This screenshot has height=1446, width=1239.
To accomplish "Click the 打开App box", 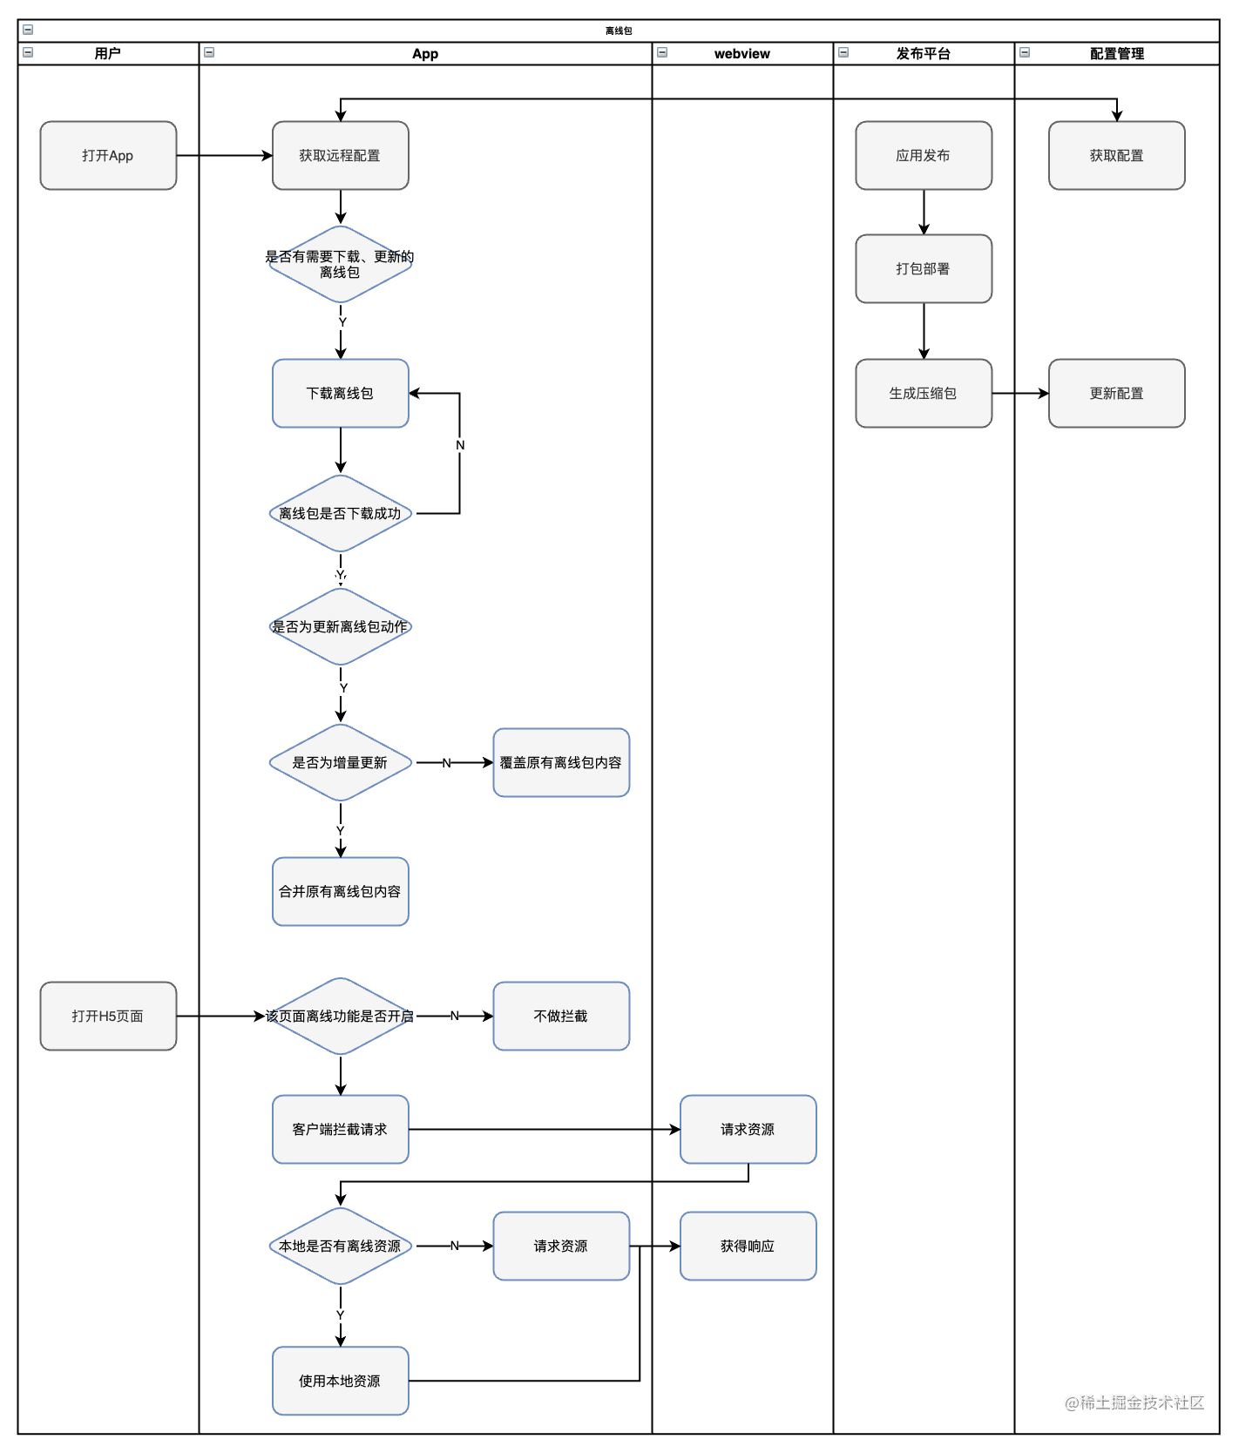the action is (x=108, y=155).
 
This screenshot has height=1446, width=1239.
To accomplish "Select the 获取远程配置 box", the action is (x=341, y=155).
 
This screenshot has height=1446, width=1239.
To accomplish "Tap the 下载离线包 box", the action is (x=341, y=393).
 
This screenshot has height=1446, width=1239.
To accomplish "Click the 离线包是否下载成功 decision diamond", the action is (x=341, y=513).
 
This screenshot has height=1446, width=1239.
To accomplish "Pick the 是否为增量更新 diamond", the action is (x=341, y=762).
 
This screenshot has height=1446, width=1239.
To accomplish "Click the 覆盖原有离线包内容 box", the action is (x=561, y=762).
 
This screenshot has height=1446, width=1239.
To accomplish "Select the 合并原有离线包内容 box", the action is (x=341, y=891).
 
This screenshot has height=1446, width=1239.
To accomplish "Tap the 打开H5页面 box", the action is (x=108, y=1016).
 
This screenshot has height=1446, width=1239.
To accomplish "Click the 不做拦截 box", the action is (x=561, y=1016).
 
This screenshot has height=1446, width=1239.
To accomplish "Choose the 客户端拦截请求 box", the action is (x=341, y=1129).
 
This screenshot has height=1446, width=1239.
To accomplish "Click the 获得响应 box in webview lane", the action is (x=748, y=1246).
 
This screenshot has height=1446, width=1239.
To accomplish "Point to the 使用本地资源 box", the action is (x=341, y=1381).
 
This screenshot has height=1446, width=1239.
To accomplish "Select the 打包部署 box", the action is (x=924, y=268).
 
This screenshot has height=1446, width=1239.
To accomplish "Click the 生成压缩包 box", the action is (x=924, y=393).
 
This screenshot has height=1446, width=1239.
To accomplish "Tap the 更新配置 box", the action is (x=1117, y=393).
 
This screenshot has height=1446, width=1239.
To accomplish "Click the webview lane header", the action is (x=742, y=53).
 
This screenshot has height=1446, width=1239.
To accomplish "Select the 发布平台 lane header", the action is (x=924, y=53).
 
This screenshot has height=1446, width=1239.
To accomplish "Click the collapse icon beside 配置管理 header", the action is (x=1025, y=52).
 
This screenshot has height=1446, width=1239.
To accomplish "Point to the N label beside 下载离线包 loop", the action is (x=460, y=445).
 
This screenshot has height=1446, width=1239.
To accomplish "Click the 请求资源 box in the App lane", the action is (x=561, y=1246).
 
